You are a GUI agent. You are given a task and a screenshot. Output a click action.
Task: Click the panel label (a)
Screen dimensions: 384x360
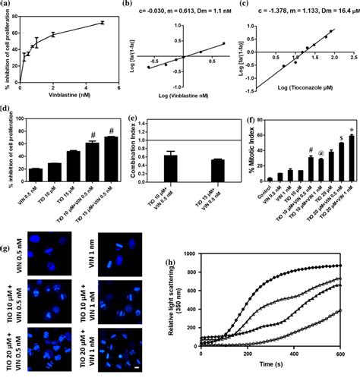[x=7, y=5]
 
